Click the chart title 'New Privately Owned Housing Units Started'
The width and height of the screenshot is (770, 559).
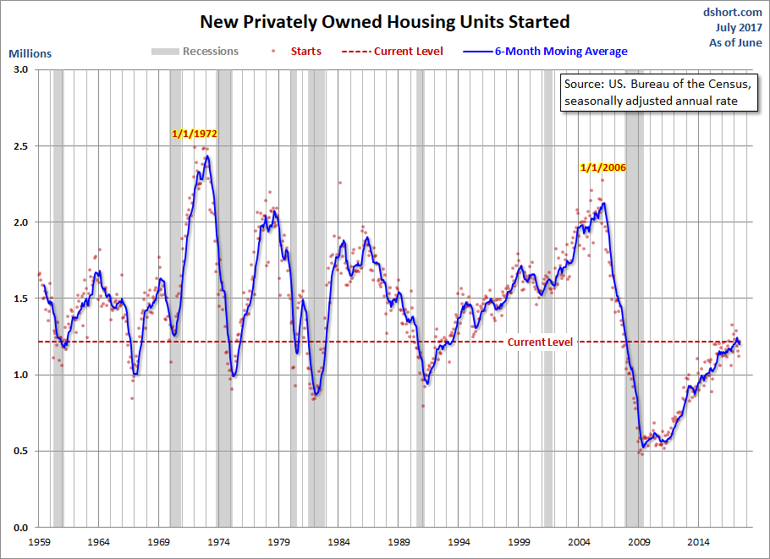385,22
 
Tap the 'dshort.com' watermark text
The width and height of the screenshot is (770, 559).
732,12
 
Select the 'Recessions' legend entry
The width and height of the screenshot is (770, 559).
195,51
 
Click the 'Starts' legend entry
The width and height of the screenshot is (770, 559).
297,51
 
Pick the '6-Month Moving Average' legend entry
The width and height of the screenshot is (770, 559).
546,51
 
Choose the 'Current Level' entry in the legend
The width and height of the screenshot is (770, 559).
393,51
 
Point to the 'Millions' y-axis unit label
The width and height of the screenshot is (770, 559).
30,53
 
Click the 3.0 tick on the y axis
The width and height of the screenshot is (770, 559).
20,69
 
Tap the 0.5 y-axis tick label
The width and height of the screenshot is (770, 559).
20,451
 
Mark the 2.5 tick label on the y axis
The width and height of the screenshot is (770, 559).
20,146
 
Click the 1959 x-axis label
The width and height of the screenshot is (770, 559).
39,542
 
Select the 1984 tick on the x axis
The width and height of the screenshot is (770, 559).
338,542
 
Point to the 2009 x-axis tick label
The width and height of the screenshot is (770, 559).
639,542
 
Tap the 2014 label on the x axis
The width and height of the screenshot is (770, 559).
699,542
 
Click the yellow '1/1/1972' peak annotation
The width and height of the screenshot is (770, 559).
195,134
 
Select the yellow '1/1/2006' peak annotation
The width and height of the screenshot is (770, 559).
603,167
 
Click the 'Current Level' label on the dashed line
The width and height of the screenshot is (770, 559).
540,342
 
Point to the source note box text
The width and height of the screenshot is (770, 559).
658,92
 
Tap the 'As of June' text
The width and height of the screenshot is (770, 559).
735,42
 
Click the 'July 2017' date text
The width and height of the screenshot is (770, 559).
739,27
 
